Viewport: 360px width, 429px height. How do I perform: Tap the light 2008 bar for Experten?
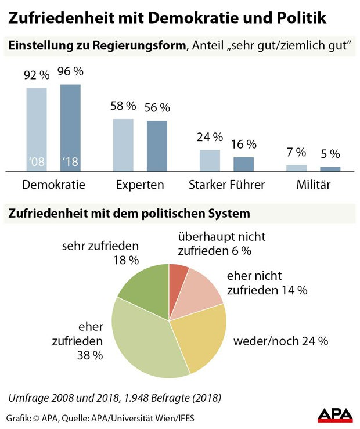(x=123, y=145)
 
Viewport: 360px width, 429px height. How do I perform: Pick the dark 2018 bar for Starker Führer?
(x=243, y=164)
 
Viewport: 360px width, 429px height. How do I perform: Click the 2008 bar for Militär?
(x=296, y=168)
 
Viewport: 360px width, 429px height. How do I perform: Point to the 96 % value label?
(x=70, y=73)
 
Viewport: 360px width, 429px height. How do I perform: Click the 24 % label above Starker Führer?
(x=210, y=138)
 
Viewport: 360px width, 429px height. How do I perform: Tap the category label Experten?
(x=139, y=185)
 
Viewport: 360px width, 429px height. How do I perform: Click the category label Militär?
(x=314, y=185)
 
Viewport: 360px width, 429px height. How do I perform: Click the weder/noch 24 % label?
(x=280, y=341)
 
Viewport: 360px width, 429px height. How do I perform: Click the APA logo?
(x=334, y=414)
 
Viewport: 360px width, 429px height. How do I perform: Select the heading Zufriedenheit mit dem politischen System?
(x=128, y=214)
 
